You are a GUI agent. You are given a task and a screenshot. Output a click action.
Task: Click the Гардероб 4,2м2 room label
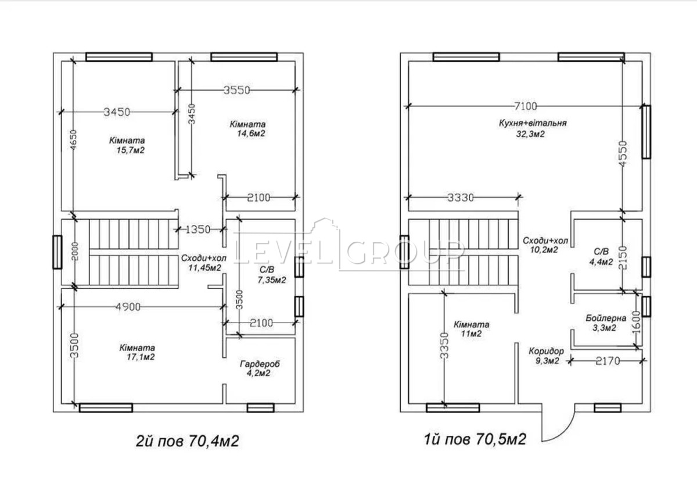point(260,368)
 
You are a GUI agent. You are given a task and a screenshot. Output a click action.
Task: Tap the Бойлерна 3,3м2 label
point(605,323)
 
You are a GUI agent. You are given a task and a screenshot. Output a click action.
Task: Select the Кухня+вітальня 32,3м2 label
point(533,128)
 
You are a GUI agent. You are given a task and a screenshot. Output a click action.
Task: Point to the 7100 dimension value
point(526,106)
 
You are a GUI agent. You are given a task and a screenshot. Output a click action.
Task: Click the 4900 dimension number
point(128,307)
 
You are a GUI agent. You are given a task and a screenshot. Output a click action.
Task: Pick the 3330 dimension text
point(461,198)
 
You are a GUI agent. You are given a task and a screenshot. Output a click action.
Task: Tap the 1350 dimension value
point(198,230)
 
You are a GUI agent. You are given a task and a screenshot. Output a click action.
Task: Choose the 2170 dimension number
point(608,361)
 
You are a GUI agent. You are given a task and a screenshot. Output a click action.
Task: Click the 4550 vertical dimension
point(623,153)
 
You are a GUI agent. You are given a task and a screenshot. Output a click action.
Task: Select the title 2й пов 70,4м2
point(188,441)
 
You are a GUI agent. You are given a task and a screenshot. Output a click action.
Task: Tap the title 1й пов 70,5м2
point(475,439)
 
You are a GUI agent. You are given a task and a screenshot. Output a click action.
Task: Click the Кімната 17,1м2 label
point(137,352)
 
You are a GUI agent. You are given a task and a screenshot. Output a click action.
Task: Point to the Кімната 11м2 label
point(471,329)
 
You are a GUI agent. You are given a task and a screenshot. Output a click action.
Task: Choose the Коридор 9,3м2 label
point(546,356)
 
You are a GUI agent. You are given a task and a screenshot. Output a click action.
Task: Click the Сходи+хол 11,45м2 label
point(204,263)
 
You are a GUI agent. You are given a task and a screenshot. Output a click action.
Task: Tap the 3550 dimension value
point(237,90)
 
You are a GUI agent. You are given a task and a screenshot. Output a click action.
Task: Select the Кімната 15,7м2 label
point(127,145)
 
